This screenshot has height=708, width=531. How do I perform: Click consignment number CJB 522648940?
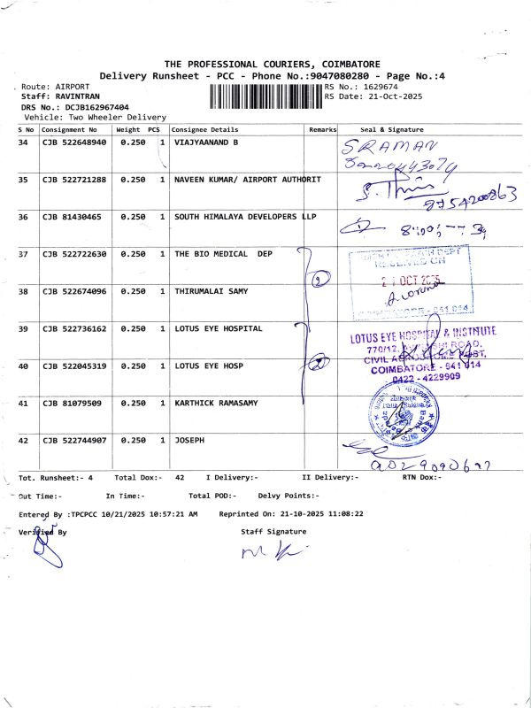tap(74, 142)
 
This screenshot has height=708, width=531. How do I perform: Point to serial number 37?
tap(24, 254)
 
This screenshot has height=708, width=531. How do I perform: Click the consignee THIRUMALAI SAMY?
tap(211, 291)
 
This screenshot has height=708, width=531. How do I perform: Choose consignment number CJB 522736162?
tap(74, 328)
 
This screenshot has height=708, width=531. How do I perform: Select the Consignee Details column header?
tap(205, 129)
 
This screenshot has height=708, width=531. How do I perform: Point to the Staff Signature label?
tap(273, 532)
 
